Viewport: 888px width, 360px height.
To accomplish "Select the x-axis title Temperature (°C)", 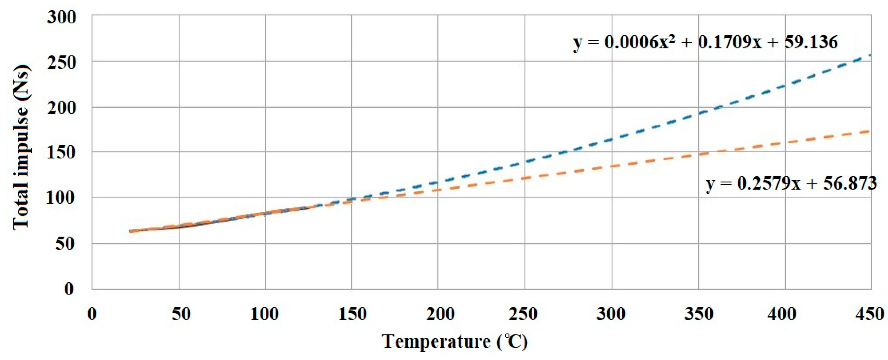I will (455, 342).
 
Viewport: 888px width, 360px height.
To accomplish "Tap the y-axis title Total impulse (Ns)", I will (21, 147).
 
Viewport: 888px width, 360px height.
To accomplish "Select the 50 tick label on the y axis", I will (65, 243).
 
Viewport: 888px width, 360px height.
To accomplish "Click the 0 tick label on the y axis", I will (69, 289).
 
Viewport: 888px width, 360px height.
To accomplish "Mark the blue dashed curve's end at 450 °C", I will (870, 55).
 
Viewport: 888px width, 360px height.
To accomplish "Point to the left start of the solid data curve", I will (130, 231).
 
